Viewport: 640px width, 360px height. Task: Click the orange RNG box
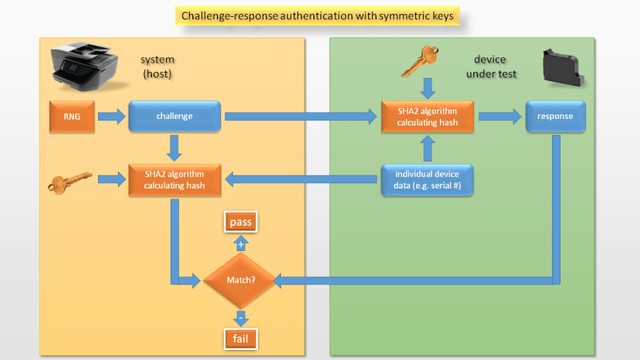click(x=68, y=116)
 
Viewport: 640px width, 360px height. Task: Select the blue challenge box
click(x=174, y=116)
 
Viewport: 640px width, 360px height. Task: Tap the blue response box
click(x=556, y=116)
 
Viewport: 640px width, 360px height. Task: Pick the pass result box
click(x=241, y=222)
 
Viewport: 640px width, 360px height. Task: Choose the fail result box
click(x=240, y=338)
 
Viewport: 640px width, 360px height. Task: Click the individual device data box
click(x=427, y=180)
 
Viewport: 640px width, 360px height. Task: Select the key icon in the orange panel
click(x=69, y=182)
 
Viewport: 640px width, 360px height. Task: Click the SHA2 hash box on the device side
click(x=427, y=116)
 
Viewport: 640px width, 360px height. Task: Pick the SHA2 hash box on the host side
click(x=174, y=180)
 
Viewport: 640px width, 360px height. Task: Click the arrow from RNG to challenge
click(x=110, y=117)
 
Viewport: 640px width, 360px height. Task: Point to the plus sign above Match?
click(x=241, y=243)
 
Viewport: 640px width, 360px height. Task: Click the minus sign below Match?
click(x=240, y=316)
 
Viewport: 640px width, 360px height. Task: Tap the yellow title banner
click(x=320, y=15)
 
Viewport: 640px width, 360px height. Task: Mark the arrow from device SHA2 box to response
click(x=499, y=116)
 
